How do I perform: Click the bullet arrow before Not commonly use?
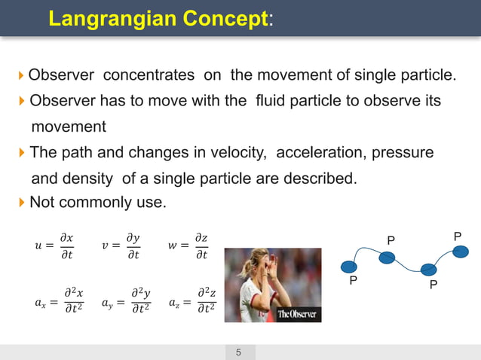point(21,203)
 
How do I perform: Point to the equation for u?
point(55,246)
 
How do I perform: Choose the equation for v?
point(121,246)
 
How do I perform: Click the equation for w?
point(188,246)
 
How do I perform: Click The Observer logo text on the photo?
point(296,313)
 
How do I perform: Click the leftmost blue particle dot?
point(349,266)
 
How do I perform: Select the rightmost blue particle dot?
point(462,252)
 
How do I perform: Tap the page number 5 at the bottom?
point(239,352)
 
